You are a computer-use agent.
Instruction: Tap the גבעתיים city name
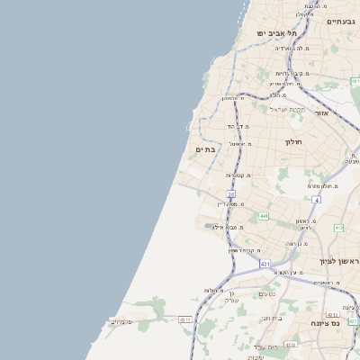342,22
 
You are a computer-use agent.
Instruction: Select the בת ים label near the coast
206,150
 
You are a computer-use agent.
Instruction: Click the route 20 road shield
230,193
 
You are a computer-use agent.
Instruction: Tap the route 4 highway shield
316,199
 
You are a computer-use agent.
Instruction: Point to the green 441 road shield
263,216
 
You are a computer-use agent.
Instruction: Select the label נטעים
267,293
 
